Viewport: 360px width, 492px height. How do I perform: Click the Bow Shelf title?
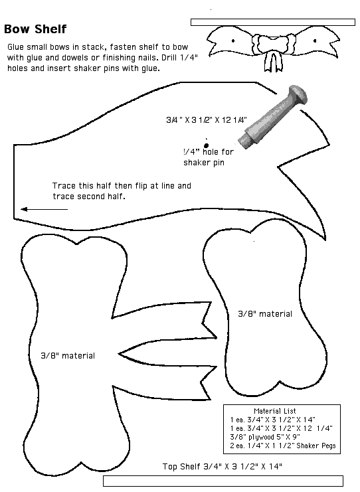coord(35,29)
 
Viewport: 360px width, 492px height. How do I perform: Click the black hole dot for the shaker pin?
coord(206,145)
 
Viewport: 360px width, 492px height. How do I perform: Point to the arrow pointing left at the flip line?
coord(45,209)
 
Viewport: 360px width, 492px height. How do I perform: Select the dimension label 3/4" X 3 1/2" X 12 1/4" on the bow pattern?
coord(207,120)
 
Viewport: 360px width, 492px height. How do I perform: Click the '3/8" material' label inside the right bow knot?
coord(265,314)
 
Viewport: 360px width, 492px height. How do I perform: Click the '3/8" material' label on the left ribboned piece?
coord(68,355)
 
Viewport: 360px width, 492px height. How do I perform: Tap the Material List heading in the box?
coord(275,411)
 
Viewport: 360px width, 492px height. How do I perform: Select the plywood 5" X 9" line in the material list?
coord(265,437)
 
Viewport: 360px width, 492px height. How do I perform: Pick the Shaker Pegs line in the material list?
coord(283,446)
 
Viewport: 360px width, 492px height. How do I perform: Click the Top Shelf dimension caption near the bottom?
coord(223,466)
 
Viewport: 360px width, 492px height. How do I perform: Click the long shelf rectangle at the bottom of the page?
coord(223,481)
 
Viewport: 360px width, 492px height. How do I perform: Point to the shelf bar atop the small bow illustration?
coord(273,22)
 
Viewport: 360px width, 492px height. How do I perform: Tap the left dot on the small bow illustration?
coord(233,41)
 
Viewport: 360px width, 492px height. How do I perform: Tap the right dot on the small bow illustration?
coord(315,41)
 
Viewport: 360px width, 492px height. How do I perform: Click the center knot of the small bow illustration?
coord(274,43)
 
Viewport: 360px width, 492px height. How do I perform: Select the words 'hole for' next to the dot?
coord(218,152)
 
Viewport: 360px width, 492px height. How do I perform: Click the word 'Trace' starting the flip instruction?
coord(64,186)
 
